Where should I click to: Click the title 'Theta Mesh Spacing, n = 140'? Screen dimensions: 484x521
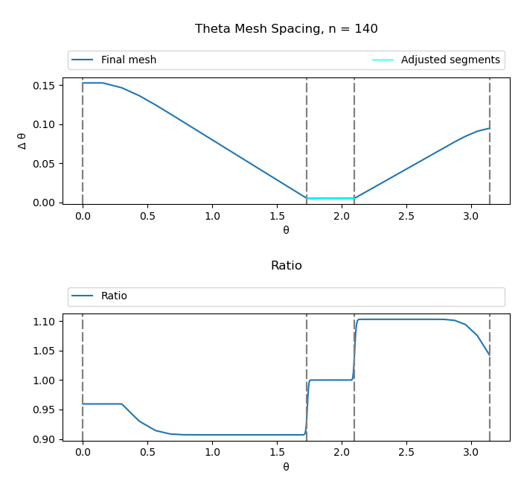click(x=287, y=29)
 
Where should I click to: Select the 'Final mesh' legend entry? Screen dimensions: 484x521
click(x=128, y=60)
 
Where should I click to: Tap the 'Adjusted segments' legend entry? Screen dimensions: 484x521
click(x=450, y=60)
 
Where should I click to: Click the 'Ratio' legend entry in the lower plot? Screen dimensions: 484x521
click(x=114, y=296)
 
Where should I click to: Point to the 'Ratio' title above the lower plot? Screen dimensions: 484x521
click(x=287, y=266)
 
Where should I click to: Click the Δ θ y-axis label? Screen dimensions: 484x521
click(x=22, y=141)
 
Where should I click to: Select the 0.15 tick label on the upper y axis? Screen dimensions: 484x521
click(x=44, y=86)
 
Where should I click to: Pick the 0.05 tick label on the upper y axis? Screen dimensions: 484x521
click(x=44, y=164)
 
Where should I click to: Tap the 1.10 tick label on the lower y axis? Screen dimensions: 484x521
click(x=44, y=322)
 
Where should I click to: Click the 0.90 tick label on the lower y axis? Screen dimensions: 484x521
click(x=44, y=439)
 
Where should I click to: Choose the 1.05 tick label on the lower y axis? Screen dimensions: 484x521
click(x=44, y=351)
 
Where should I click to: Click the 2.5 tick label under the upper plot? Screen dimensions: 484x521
click(x=406, y=216)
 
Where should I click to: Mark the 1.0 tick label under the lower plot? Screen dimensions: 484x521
click(x=212, y=453)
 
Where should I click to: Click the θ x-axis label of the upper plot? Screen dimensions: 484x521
click(x=286, y=230)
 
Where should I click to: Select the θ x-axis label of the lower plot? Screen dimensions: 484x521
click(x=286, y=467)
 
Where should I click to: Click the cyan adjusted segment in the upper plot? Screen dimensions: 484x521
click(x=330, y=198)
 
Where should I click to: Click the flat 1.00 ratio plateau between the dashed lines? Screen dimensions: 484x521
click(x=331, y=380)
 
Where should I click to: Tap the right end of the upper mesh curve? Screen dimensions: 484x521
click(x=489, y=128)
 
